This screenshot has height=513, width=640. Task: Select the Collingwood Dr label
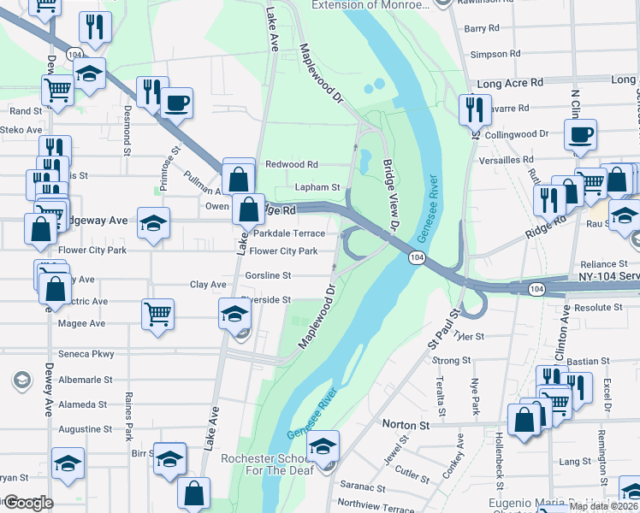click(516, 134)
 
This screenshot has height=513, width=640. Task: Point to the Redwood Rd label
click(292, 164)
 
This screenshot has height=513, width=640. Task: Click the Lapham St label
click(317, 187)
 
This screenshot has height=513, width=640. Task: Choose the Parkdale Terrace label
click(289, 233)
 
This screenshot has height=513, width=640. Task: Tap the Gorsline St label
click(268, 276)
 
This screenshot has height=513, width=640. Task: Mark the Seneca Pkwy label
click(86, 354)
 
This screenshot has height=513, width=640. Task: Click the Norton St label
click(406, 425)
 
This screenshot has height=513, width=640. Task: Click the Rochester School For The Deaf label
click(270, 465)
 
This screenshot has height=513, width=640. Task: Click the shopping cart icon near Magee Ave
click(157, 313)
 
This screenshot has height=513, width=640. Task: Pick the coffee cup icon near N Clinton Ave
click(580, 134)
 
